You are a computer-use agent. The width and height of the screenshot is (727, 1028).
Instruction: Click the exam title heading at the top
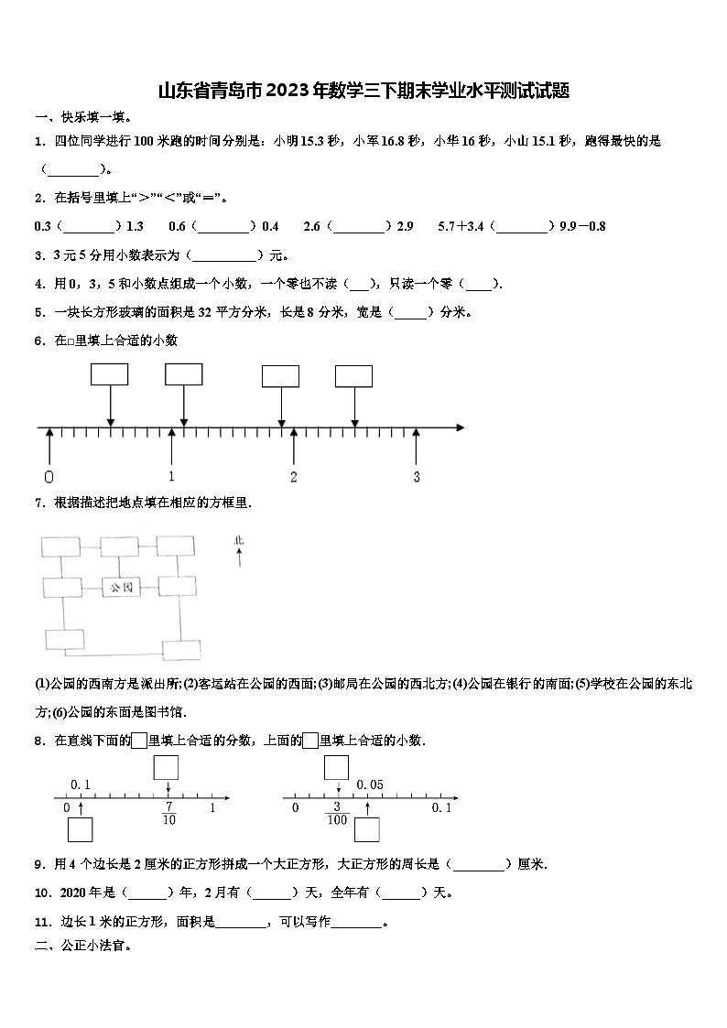coord(363,90)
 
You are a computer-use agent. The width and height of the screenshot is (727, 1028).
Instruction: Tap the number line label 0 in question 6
coord(49,477)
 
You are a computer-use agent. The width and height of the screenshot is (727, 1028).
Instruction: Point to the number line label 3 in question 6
coord(416,477)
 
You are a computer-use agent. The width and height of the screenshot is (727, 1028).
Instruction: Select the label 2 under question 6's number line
coord(294,477)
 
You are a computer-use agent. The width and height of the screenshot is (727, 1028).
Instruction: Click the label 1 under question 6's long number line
coord(171,477)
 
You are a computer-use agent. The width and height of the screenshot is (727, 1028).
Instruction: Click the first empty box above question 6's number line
coord(110,374)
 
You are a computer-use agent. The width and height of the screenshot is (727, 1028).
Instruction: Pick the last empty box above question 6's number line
coord(354,375)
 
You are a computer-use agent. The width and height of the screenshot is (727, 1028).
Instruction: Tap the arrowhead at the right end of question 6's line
coord(460,427)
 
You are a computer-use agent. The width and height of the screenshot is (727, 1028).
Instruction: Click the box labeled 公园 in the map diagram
coord(121,587)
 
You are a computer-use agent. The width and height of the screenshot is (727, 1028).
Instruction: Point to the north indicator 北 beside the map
coord(239,541)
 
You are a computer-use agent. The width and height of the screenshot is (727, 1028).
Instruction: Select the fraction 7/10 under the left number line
coord(168,813)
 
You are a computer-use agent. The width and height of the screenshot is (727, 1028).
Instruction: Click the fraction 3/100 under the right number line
coord(337,813)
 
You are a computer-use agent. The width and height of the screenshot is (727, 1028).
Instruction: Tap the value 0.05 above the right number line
coord(369,785)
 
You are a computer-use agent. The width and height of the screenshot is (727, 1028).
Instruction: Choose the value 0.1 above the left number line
coord(81,785)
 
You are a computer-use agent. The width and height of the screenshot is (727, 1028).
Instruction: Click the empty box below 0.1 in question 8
coord(81,828)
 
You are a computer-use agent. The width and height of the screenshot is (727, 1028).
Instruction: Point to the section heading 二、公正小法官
coord(83,947)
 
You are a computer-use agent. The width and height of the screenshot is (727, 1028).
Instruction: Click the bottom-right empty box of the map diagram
coord(180,650)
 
